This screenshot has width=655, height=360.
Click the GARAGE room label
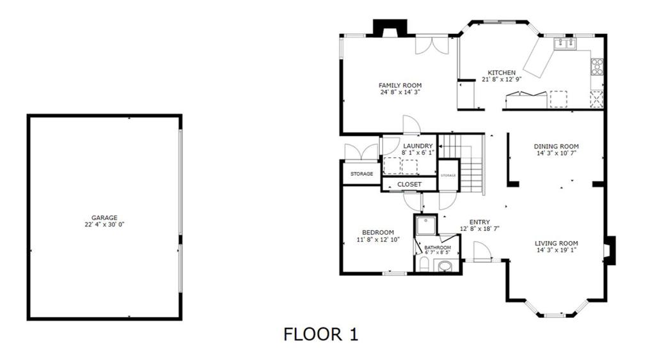[104, 217]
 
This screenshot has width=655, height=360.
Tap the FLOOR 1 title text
[321, 334]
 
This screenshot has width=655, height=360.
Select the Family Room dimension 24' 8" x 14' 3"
[400, 92]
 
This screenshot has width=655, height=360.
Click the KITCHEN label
[501, 73]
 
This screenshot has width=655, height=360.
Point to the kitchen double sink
[565, 43]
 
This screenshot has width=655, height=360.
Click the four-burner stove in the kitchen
[597, 67]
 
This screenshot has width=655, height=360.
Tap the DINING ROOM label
[556, 146]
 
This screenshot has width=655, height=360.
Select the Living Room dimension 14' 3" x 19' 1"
[556, 250]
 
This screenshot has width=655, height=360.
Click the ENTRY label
[480, 222]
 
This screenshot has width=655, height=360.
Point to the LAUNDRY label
[418, 146]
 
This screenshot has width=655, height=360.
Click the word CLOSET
[409, 184]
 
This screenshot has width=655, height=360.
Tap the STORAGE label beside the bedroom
[362, 174]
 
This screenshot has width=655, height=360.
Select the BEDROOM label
[378, 233]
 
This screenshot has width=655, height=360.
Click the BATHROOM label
[438, 247]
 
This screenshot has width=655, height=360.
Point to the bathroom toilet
[423, 264]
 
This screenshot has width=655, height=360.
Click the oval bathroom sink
[445, 265]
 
